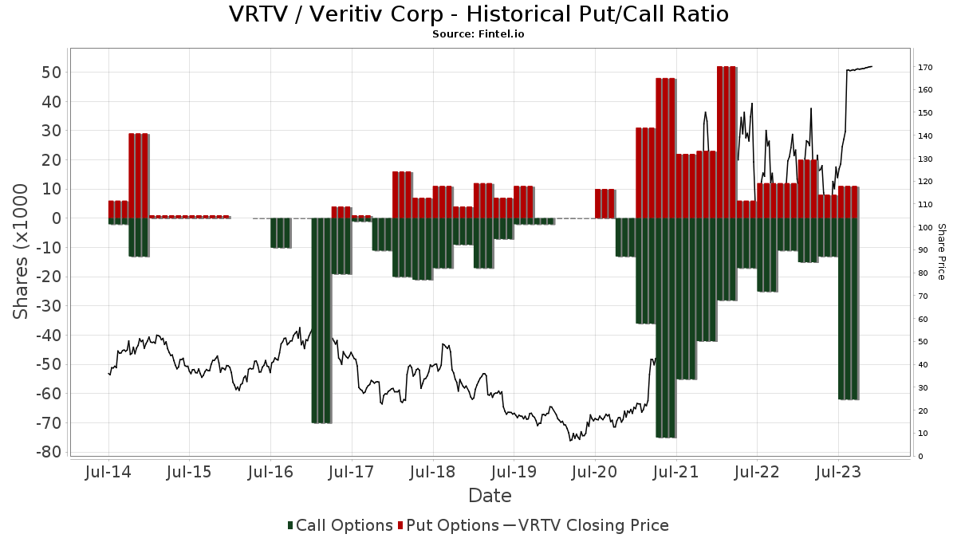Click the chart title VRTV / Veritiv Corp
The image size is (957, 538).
pyautogui.click(x=478, y=14)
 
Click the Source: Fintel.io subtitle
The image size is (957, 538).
pyautogui.click(x=478, y=34)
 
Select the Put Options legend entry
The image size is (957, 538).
pyautogui.click(x=452, y=525)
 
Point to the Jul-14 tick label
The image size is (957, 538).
pyautogui.click(x=108, y=472)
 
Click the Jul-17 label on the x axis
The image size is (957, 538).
pyautogui.click(x=352, y=472)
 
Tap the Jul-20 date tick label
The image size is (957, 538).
pyautogui.click(x=595, y=472)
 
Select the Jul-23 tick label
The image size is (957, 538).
pyautogui.click(x=838, y=472)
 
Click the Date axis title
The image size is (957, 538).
pyautogui.click(x=490, y=496)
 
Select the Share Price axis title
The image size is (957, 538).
pyautogui.click(x=941, y=251)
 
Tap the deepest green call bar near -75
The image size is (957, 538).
pyautogui.click(x=665, y=328)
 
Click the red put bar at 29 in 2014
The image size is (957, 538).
pyautogui.click(x=139, y=175)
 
